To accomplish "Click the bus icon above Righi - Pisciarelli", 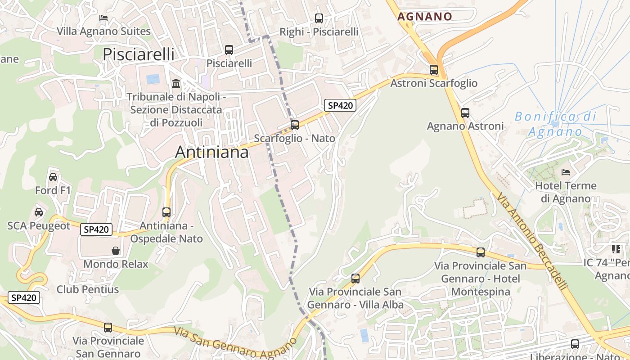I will (x=319, y=18).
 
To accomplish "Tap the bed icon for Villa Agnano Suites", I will (x=103, y=18).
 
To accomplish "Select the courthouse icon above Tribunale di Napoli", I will (x=176, y=84).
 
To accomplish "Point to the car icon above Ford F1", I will (x=53, y=177).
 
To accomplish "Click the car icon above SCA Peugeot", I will (x=39, y=212).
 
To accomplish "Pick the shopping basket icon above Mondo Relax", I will (x=116, y=251).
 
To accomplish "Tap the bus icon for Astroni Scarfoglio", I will (x=434, y=70).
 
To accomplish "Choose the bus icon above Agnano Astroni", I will (x=465, y=112).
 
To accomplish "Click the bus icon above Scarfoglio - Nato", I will (x=295, y=125).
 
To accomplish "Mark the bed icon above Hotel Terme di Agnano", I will (x=566, y=172).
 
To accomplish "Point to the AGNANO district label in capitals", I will (x=425, y=17).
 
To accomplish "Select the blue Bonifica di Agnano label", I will (x=555, y=124).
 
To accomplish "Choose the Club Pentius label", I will (x=88, y=289).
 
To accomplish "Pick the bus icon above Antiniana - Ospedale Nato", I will (x=166, y=212).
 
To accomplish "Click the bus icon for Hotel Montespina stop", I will (x=481, y=252).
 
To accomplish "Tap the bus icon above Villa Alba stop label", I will (x=355, y=279).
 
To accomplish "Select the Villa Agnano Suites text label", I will (x=103, y=31).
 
